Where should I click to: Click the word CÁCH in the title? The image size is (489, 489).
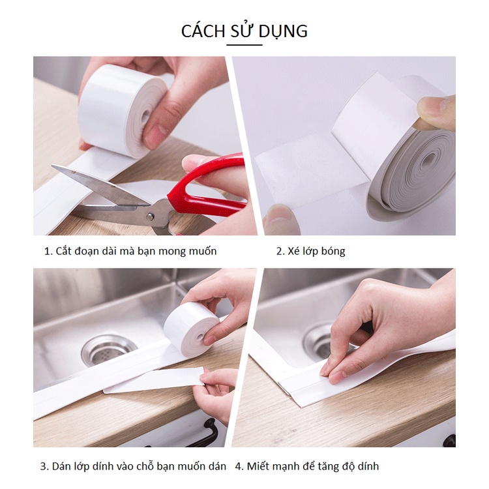pos(203,31)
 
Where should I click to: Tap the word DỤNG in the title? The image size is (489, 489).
pos(283,32)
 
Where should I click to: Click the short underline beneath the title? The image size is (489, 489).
pos(244,45)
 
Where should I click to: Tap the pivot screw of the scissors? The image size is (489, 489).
pos(150,216)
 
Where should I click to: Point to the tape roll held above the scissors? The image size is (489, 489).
pos(122,109)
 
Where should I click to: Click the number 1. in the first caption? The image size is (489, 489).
pos(48,252)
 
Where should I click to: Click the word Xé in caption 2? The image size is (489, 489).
pos(293,251)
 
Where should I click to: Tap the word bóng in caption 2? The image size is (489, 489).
pos(333,252)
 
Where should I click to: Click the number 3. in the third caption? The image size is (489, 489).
pos(44,467)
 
